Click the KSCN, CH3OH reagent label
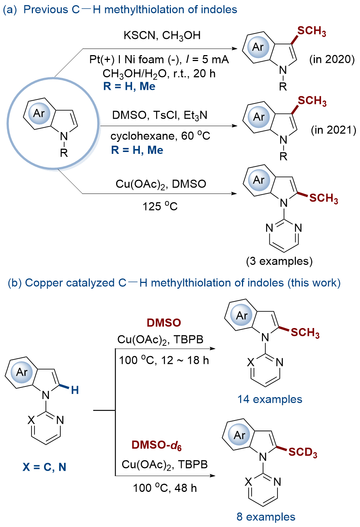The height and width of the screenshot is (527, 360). [x=162, y=36]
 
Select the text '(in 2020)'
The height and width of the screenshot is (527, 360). [x=332, y=59]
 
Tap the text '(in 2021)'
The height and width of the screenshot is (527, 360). [x=333, y=130]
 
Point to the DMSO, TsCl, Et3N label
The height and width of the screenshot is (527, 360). [x=160, y=115]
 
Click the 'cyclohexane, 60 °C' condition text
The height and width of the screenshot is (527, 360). [x=160, y=136]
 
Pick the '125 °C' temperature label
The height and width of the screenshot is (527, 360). [x=160, y=206]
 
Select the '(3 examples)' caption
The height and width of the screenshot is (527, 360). [x=279, y=261]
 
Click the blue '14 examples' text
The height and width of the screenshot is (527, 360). [x=270, y=399]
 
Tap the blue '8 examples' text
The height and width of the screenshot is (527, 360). [x=266, y=517]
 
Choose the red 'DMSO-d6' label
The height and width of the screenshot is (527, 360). [x=157, y=445]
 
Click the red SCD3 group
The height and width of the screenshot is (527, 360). [x=303, y=452]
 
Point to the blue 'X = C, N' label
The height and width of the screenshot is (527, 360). [x=44, y=467]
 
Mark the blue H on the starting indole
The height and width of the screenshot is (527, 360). [x=75, y=390]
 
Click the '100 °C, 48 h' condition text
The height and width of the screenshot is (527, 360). [x=165, y=488]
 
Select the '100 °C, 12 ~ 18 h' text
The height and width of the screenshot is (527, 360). [x=164, y=360]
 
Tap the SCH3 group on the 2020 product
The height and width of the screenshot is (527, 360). [x=312, y=31]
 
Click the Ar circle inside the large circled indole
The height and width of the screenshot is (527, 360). [x=39, y=113]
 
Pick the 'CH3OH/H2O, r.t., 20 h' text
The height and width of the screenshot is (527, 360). [x=159, y=74]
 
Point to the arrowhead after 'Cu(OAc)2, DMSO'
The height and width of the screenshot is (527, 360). [x=234, y=193]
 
